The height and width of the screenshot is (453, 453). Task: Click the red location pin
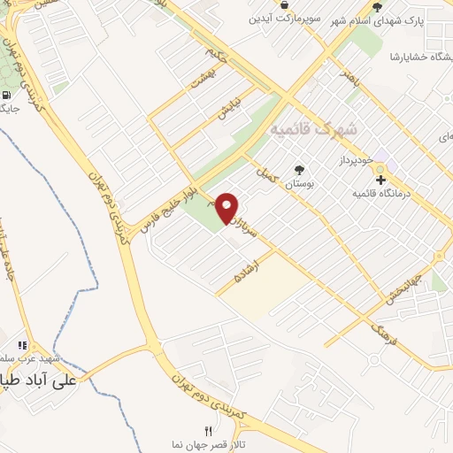[x=227, y=207]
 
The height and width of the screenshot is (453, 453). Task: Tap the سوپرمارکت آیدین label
[x=284, y=19]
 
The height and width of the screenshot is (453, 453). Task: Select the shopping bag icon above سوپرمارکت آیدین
[x=284, y=5]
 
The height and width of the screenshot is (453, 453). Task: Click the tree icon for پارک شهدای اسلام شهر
[x=378, y=7]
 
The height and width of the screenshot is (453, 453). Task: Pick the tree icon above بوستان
[x=300, y=169]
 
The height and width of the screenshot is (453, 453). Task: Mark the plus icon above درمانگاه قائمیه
[x=380, y=180]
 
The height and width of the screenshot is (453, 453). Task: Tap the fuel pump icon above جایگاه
[x=6, y=96]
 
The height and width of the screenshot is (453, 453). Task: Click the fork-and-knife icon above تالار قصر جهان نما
[x=209, y=431]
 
